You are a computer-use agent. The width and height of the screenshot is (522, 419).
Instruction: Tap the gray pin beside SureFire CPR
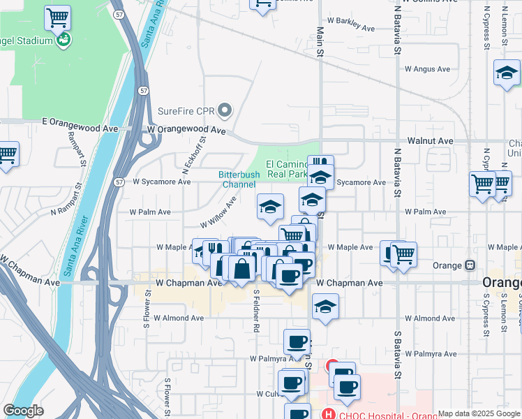pyautogui.click(x=225, y=110)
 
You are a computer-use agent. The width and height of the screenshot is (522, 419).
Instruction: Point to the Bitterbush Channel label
pyautogui.click(x=239, y=179)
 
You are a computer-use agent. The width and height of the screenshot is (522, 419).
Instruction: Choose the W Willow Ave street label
pyautogui.click(x=218, y=212)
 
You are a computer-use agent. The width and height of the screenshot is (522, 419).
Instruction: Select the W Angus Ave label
pyautogui.click(x=428, y=69)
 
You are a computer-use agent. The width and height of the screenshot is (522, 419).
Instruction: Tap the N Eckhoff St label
pyautogui.click(x=194, y=153)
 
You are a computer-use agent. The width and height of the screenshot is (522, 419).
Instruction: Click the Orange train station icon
pyautogui.click(x=470, y=265)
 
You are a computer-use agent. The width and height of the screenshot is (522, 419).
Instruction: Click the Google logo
pyautogui.click(x=23, y=411)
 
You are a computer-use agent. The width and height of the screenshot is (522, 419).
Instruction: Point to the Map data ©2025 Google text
pyautogui.click(x=479, y=413)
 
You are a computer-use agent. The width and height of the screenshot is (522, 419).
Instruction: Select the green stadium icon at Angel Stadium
pyautogui.click(x=64, y=40)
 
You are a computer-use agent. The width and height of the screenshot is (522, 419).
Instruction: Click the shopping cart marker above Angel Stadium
pyautogui.click(x=57, y=17)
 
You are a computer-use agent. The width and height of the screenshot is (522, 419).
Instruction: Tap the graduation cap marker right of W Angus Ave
pyautogui.click(x=507, y=73)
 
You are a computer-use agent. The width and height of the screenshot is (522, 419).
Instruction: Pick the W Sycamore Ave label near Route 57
pyautogui.click(x=162, y=182)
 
